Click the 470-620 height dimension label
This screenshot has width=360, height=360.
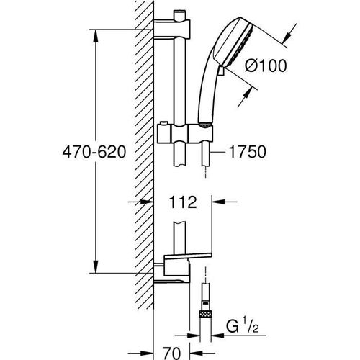pyautogui.click(x=94, y=152)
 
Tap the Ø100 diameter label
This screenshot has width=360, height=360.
pyautogui.click(x=266, y=66)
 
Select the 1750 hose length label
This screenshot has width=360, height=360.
pyautogui.click(x=248, y=152)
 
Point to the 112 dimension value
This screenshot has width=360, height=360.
pyautogui.click(x=183, y=202)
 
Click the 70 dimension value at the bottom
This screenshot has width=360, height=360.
pyautogui.click(x=171, y=353)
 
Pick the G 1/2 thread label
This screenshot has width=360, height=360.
pyautogui.click(x=243, y=326)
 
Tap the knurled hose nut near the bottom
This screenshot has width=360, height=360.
pyautogui.click(x=206, y=314)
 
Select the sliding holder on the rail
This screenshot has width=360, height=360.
pyautogui.click(x=185, y=134)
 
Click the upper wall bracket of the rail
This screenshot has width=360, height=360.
pyautogui.click(x=171, y=29)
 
